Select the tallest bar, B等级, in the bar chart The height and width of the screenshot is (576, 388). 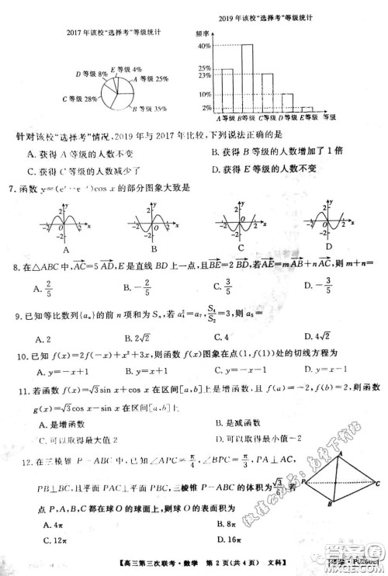click(x=247, y=78)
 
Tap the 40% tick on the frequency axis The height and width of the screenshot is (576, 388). click(x=205, y=47)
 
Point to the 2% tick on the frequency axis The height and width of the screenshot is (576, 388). click(x=206, y=108)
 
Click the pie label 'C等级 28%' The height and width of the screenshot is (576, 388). click(x=80, y=99)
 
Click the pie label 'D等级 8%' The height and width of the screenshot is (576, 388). click(x=92, y=74)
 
